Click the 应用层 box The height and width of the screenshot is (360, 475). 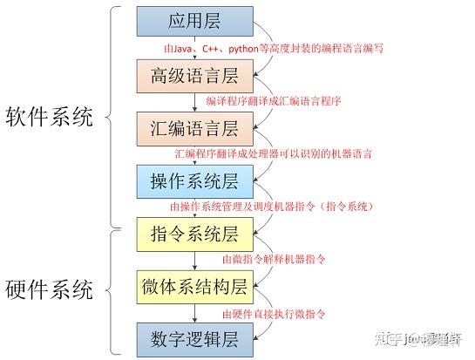pos(194,21)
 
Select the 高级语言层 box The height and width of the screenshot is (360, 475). pos(194,76)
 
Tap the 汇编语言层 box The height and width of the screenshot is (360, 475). pos(194,129)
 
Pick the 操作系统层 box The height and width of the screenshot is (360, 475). pos(194,181)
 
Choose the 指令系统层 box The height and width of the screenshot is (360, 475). pos(194,234)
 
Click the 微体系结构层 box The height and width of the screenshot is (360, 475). pos(194,287)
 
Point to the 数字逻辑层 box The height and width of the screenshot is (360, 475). pos(194,340)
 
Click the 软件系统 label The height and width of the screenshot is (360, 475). pos(49,117)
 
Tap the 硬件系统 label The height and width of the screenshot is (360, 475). pos(49,289)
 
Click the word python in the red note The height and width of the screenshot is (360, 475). pos(243,49)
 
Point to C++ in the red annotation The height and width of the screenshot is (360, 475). pos(210,49)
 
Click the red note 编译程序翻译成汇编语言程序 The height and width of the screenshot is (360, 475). pos(274,101)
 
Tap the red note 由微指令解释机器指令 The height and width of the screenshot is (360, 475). pos(274,259)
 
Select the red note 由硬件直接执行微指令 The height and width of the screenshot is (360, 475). pos(274,314)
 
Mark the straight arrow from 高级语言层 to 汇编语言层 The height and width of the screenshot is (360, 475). pos(194,103)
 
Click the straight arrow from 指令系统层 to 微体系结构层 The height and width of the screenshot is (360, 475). pos(194,261)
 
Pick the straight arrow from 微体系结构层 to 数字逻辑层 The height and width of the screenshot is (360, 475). pos(194,313)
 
